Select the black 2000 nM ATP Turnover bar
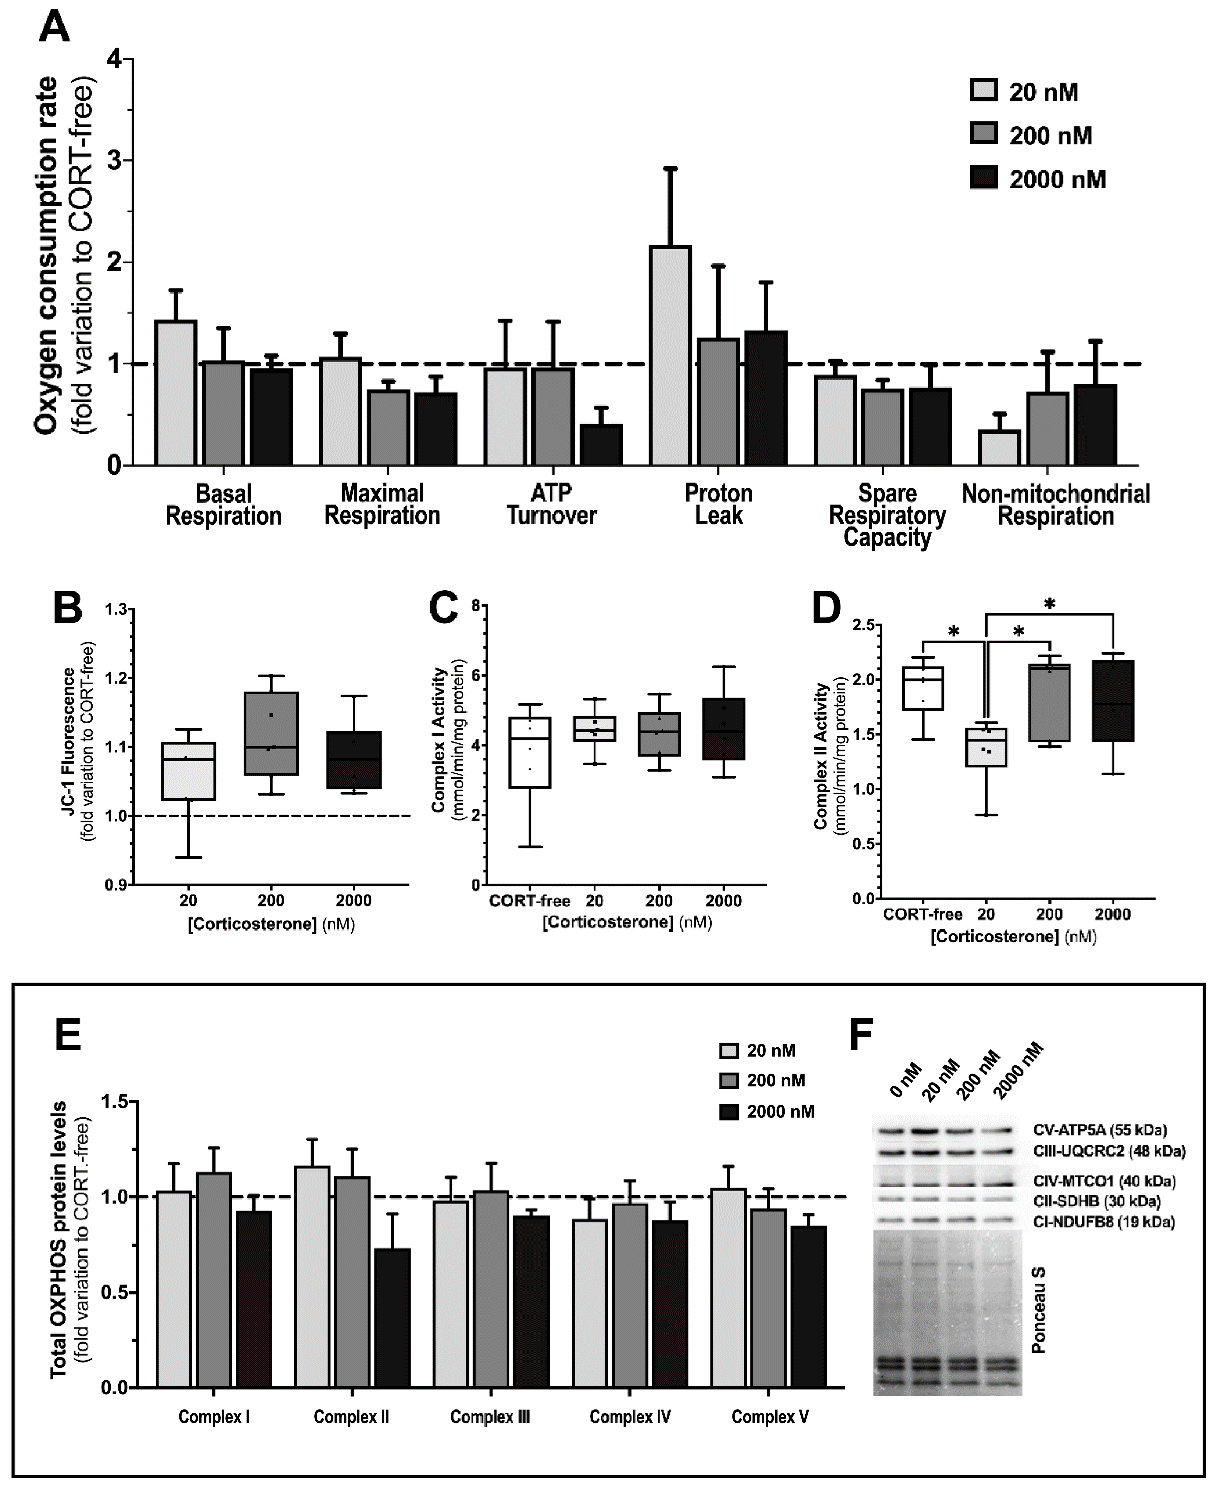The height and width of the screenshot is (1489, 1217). pos(601,445)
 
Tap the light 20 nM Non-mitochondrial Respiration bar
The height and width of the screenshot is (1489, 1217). pos(1000,449)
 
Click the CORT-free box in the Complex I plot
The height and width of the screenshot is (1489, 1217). pos(530,752)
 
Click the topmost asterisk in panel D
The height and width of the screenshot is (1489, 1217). pos(1049,604)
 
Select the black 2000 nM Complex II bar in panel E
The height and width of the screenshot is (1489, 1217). pos(393,1317)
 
